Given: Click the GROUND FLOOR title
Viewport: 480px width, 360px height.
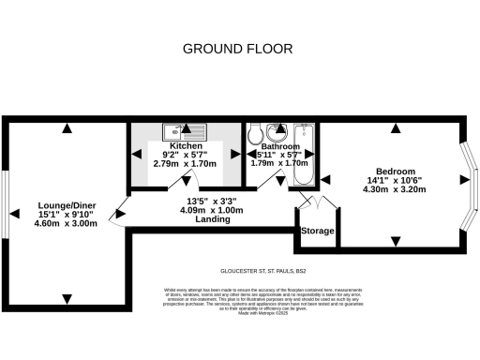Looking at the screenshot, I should [x=237, y=48].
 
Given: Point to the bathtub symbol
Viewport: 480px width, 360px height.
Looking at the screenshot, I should [x=302, y=145].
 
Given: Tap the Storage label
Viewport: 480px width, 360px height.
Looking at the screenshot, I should [x=316, y=231].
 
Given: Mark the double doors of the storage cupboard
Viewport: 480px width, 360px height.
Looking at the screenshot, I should [x=310, y=202].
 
